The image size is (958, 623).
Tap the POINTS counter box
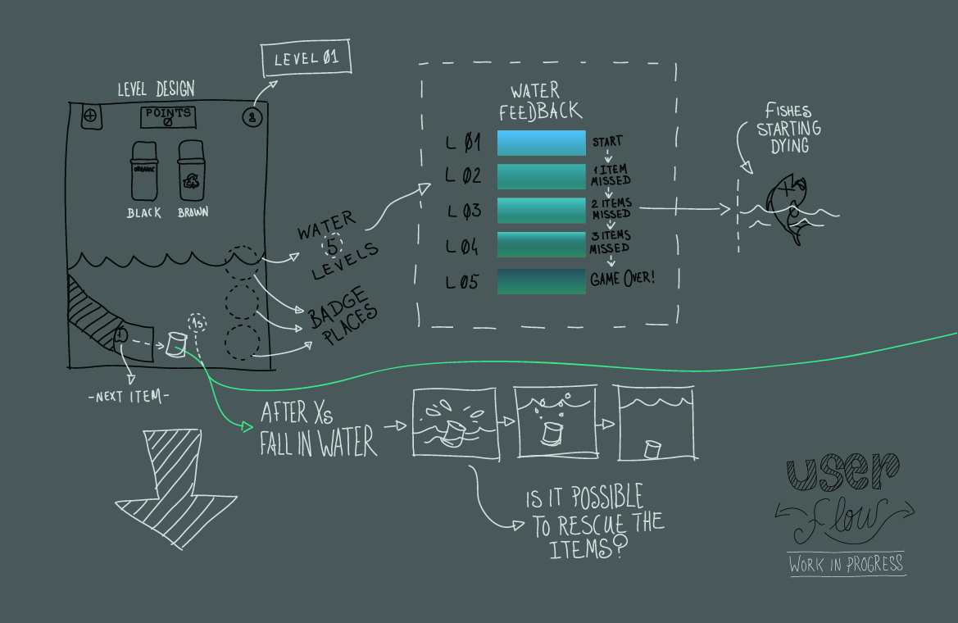[169, 117]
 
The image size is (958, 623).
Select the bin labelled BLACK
[144, 171]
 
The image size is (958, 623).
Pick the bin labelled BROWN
[192, 171]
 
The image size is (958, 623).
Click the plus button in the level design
[90, 116]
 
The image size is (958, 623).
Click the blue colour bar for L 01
[541, 143]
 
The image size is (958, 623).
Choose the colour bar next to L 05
[541, 281]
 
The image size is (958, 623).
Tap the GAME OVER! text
[623, 279]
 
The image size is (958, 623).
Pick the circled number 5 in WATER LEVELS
[333, 244]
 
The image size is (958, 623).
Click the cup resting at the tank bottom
[653, 449]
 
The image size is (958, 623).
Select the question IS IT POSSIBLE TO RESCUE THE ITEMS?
[595, 521]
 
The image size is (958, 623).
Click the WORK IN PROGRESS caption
[847, 564]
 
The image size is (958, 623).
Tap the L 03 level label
[464, 210]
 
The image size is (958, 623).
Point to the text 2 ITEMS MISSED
[611, 208]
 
